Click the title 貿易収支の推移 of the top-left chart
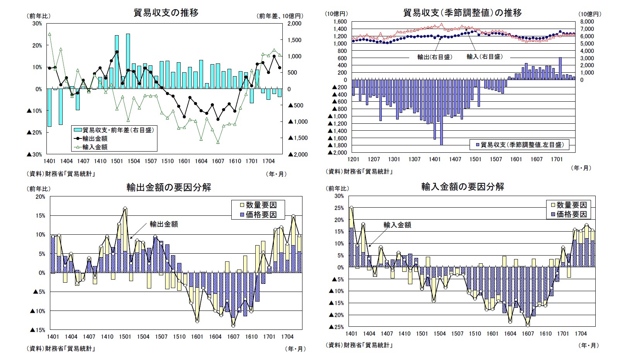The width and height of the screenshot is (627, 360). pyautogui.click(x=166, y=13)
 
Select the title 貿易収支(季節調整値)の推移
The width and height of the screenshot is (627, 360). pyautogui.click(x=462, y=13)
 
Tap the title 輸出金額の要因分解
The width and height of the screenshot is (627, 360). pyautogui.click(x=169, y=188)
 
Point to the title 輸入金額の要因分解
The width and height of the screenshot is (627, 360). pyautogui.click(x=463, y=187)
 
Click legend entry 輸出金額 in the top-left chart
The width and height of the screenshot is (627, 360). pyautogui.click(x=95, y=138)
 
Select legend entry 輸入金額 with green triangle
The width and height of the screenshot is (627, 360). pyautogui.click(x=95, y=147)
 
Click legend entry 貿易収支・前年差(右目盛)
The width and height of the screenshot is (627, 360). pyautogui.click(x=118, y=130)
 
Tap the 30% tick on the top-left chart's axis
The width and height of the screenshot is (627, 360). pyautogui.click(x=37, y=24)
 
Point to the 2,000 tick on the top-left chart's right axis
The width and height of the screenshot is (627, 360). pyautogui.click(x=295, y=24)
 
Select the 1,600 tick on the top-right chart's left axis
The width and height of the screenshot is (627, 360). pyautogui.click(x=340, y=22)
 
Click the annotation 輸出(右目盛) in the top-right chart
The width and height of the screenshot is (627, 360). pyautogui.click(x=434, y=57)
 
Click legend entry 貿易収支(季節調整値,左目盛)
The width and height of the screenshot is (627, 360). pyautogui.click(x=522, y=145)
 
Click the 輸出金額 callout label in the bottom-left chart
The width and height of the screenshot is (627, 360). pyautogui.click(x=164, y=224)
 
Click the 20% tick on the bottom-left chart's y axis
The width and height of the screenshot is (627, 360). pyautogui.click(x=40, y=196)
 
